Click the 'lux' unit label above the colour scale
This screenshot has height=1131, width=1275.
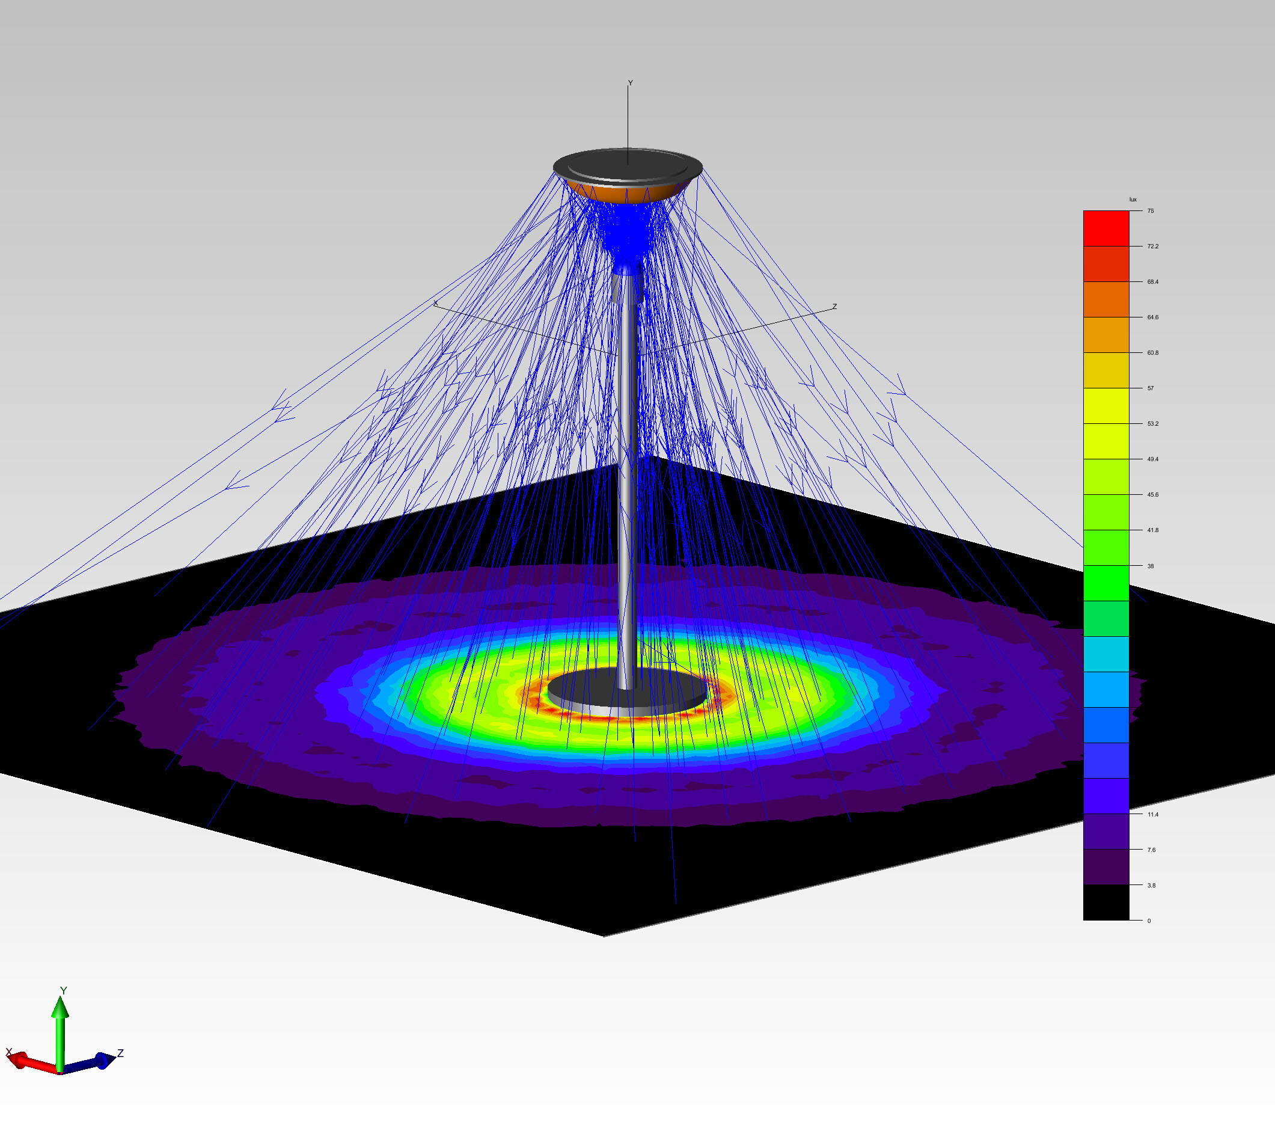[x=1133, y=200]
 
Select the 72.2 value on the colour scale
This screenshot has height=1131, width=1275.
[x=1153, y=247]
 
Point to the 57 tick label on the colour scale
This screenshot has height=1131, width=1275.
[x=1151, y=388]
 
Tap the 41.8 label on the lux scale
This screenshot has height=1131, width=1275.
[x=1153, y=530]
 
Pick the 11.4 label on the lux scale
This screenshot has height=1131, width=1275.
[x=1153, y=815]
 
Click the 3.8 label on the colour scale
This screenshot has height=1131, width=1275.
[x=1152, y=886]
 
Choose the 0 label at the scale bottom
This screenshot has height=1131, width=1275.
[x=1149, y=921]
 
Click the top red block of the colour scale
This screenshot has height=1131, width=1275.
[x=1106, y=228]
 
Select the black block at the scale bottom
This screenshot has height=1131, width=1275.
[x=1106, y=903]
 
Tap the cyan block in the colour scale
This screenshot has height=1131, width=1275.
[x=1106, y=654]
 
